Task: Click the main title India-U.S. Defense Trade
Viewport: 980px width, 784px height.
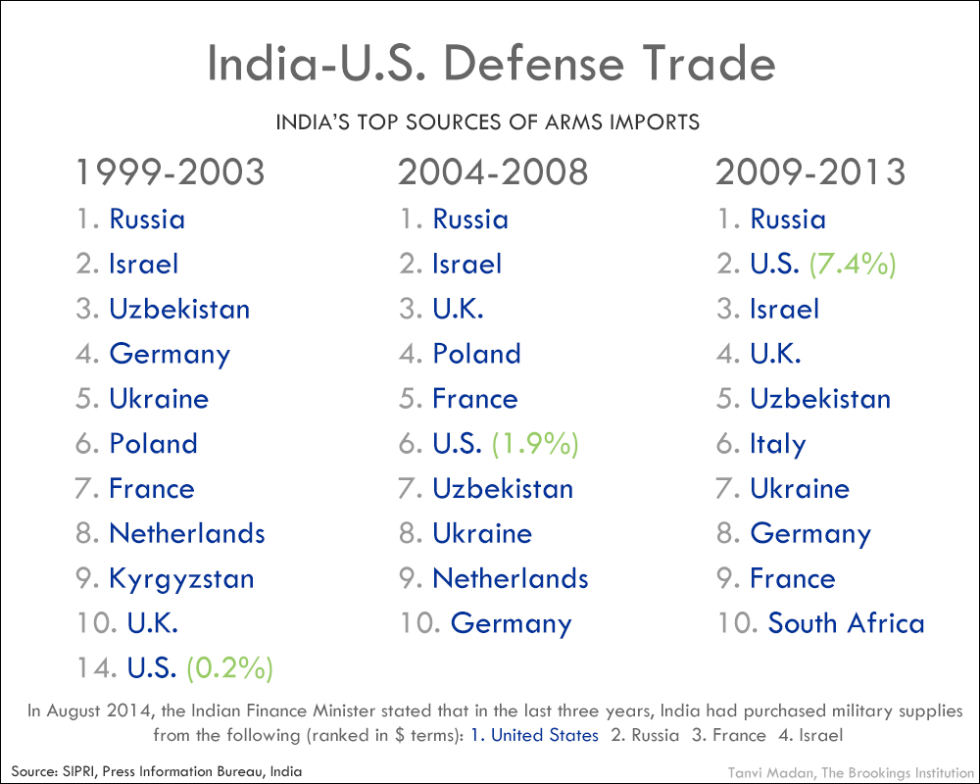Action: pyautogui.click(x=491, y=65)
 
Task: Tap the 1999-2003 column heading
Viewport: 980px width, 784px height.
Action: pyautogui.click(x=171, y=172)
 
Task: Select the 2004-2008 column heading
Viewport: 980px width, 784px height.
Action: pyautogui.click(x=493, y=172)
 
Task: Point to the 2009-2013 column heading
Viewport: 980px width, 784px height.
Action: pyautogui.click(x=810, y=172)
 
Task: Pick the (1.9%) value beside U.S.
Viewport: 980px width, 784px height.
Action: pyautogui.click(x=535, y=444)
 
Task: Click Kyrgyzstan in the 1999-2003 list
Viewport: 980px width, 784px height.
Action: pyautogui.click(x=181, y=579)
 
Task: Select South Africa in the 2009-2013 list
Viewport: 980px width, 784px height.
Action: pyautogui.click(x=846, y=623)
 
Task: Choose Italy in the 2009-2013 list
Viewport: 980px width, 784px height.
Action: pyautogui.click(x=778, y=444)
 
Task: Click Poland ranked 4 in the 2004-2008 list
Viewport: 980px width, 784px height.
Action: pyautogui.click(x=476, y=354)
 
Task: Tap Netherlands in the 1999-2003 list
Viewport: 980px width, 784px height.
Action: pyautogui.click(x=187, y=534)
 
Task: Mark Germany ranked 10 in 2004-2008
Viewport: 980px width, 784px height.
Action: pyautogui.click(x=511, y=623)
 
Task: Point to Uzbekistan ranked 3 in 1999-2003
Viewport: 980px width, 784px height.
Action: pyautogui.click(x=179, y=309)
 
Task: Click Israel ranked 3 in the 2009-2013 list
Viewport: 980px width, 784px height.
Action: pyautogui.click(x=784, y=309)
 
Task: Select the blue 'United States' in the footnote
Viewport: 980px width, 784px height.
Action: pyautogui.click(x=545, y=735)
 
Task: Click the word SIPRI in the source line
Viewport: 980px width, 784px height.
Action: pyautogui.click(x=76, y=771)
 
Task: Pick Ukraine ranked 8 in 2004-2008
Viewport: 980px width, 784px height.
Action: pyautogui.click(x=482, y=534)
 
